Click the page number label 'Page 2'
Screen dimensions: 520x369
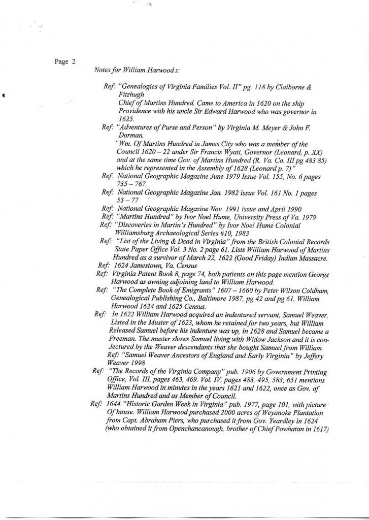(x=64, y=62)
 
